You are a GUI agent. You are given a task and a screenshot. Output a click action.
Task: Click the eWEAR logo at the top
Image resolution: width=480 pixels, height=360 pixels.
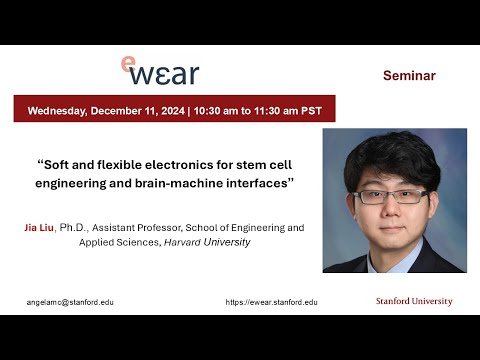tap(159, 70)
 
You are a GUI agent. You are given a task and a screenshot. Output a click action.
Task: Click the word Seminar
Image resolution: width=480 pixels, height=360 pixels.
tap(409, 75)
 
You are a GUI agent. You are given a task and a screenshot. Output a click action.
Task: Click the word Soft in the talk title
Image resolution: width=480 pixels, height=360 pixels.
tap(62, 165)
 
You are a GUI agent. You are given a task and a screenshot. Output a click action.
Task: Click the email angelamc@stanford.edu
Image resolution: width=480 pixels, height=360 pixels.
tap(70, 301)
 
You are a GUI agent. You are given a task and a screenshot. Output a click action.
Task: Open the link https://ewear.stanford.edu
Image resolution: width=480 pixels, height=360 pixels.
tap(271, 301)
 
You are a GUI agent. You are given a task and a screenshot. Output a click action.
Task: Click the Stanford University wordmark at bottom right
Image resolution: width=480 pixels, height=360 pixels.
tap(414, 301)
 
